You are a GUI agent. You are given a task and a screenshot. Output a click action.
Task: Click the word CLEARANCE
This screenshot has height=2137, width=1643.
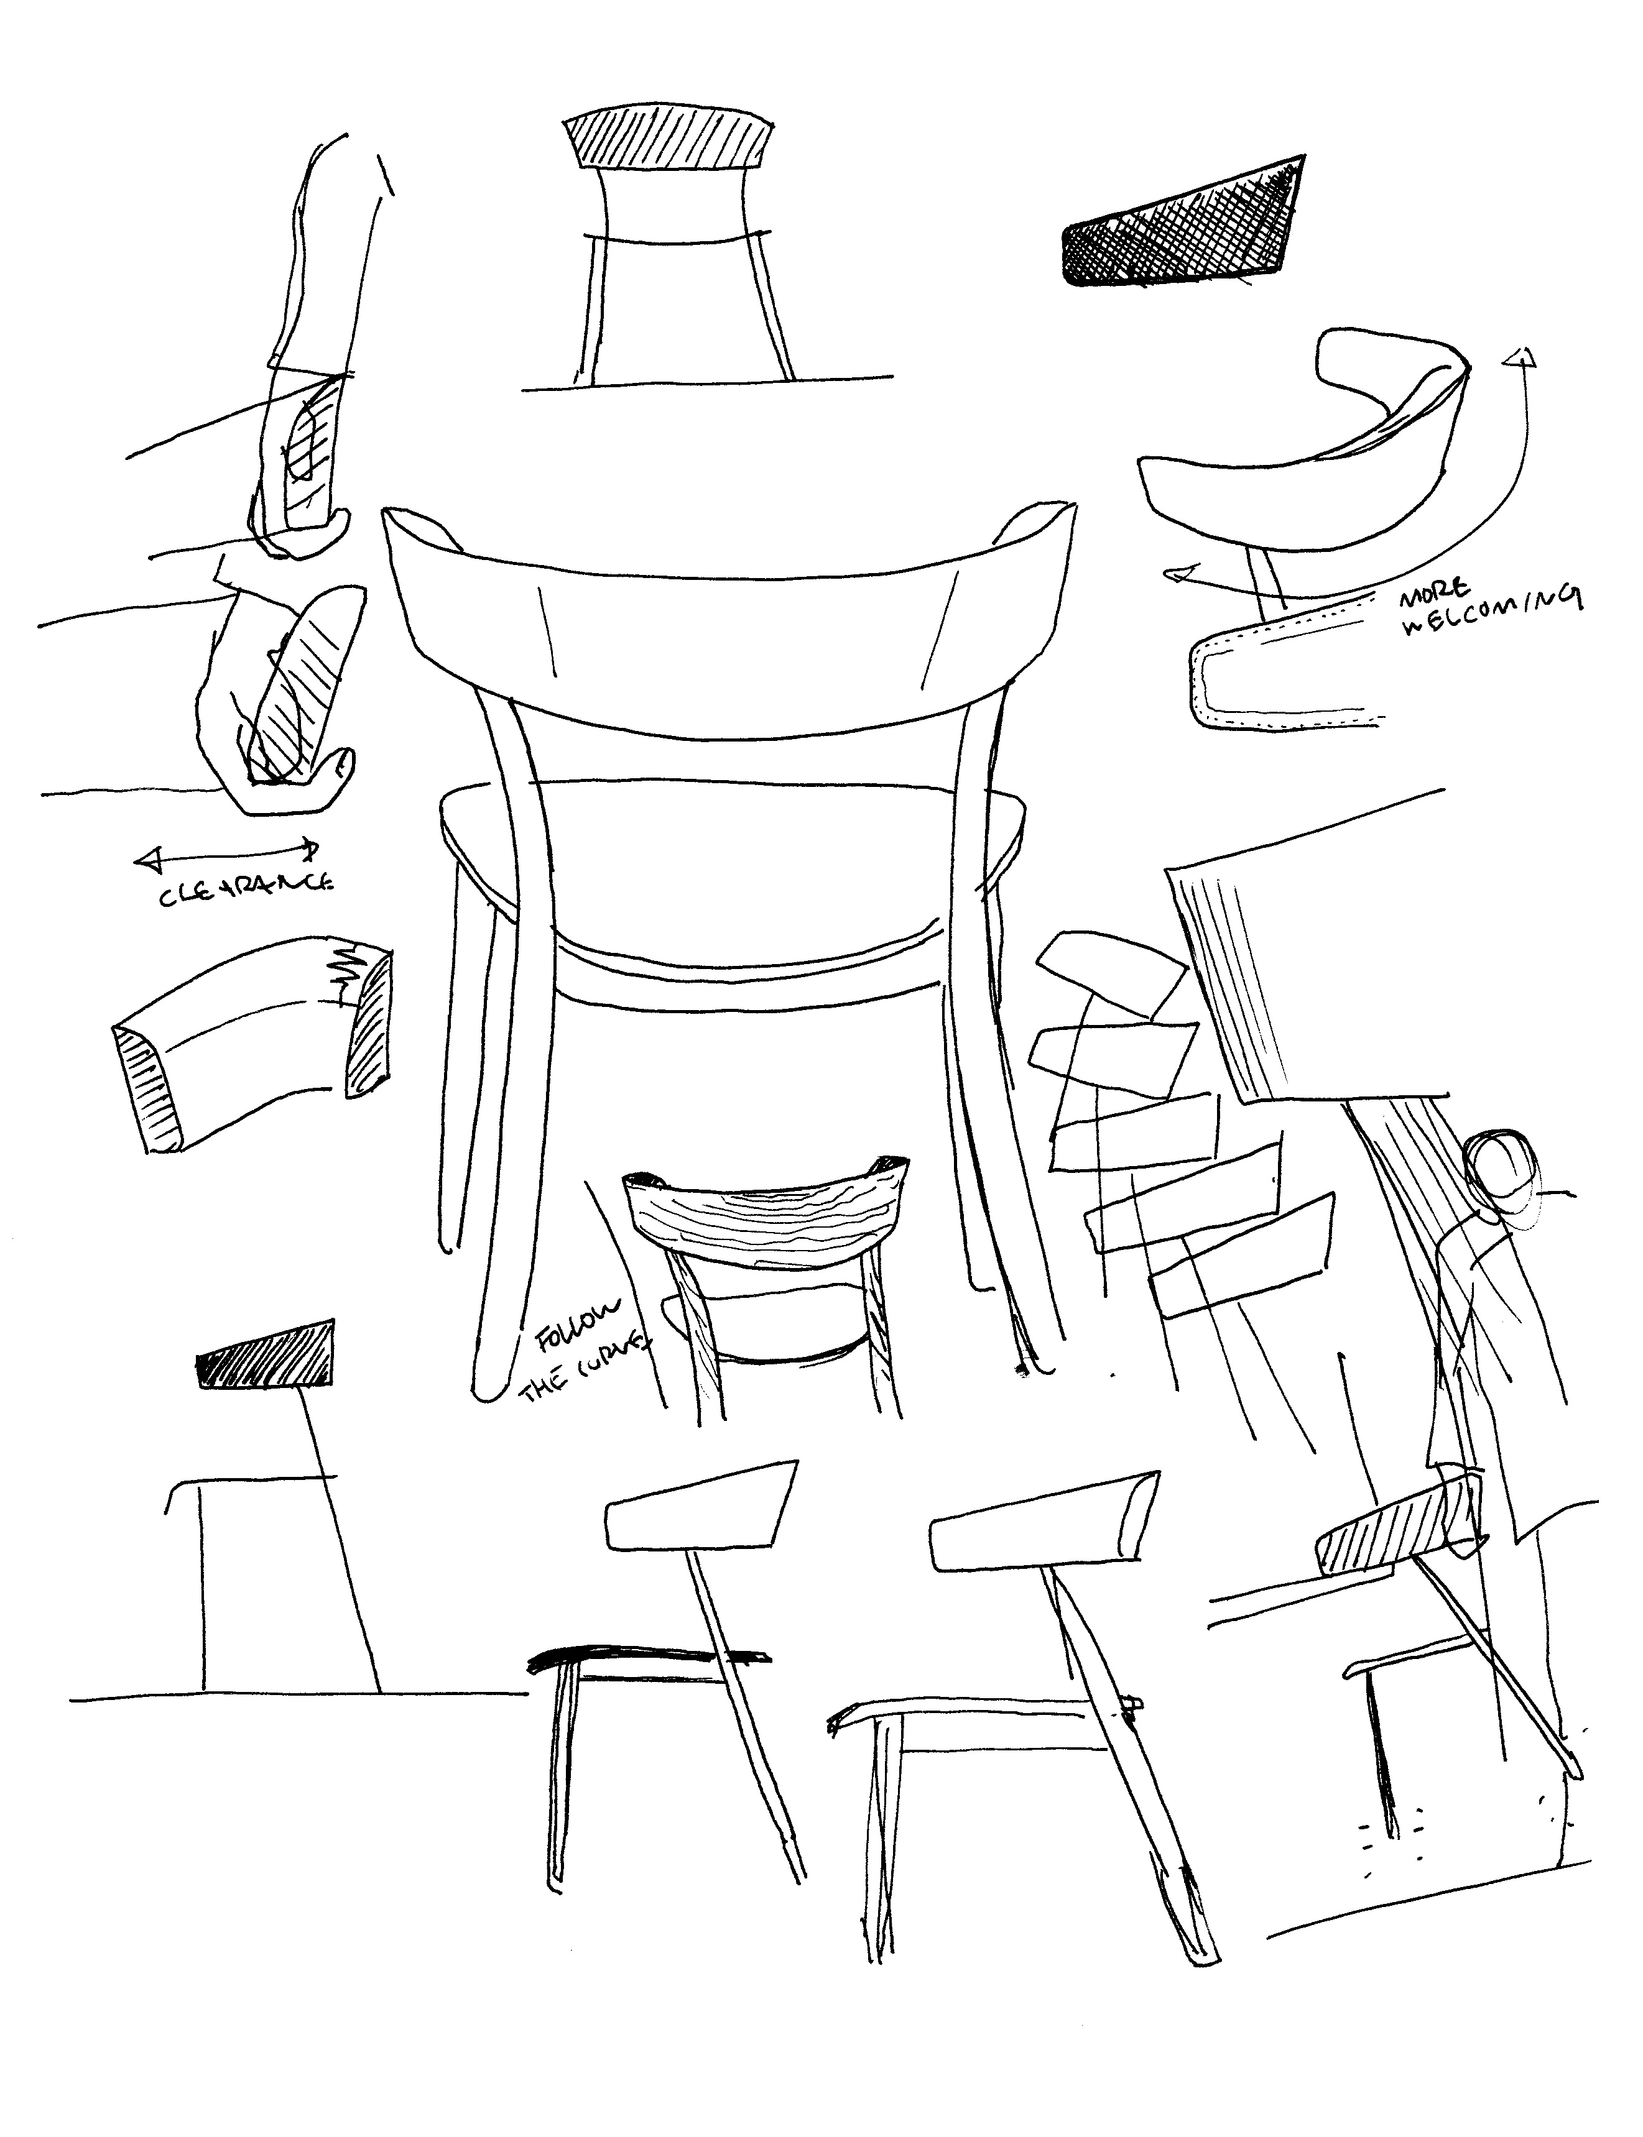pos(246,889)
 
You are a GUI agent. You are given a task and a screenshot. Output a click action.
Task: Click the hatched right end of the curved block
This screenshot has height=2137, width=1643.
pos(369,1024)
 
